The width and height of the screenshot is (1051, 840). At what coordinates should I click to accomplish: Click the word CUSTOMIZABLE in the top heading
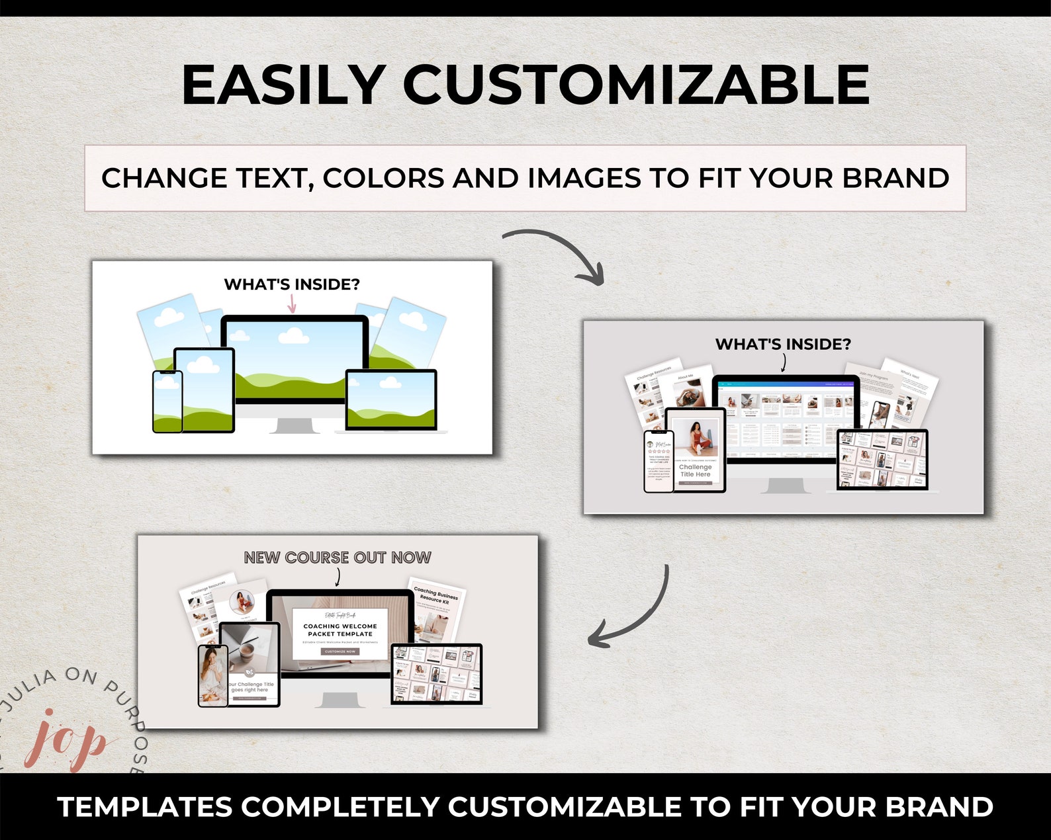[636, 85]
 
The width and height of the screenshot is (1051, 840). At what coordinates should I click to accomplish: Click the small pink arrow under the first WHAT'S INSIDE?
[291, 304]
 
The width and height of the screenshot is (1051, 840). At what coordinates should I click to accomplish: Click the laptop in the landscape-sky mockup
[390, 401]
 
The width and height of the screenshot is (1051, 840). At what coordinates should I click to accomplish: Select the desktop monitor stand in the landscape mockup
[292, 423]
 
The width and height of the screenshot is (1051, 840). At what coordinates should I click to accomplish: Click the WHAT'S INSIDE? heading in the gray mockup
[783, 344]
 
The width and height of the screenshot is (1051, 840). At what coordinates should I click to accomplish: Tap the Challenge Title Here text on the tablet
[695, 470]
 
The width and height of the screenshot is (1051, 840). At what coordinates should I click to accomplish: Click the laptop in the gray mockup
[883, 460]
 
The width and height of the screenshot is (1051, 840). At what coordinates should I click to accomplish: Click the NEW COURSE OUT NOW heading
[338, 558]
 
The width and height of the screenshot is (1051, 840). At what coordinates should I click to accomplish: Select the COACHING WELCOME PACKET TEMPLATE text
[340, 630]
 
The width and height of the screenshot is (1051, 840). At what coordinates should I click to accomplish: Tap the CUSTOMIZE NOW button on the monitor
[340, 651]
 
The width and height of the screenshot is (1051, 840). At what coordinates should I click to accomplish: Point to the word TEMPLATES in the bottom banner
[145, 807]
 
